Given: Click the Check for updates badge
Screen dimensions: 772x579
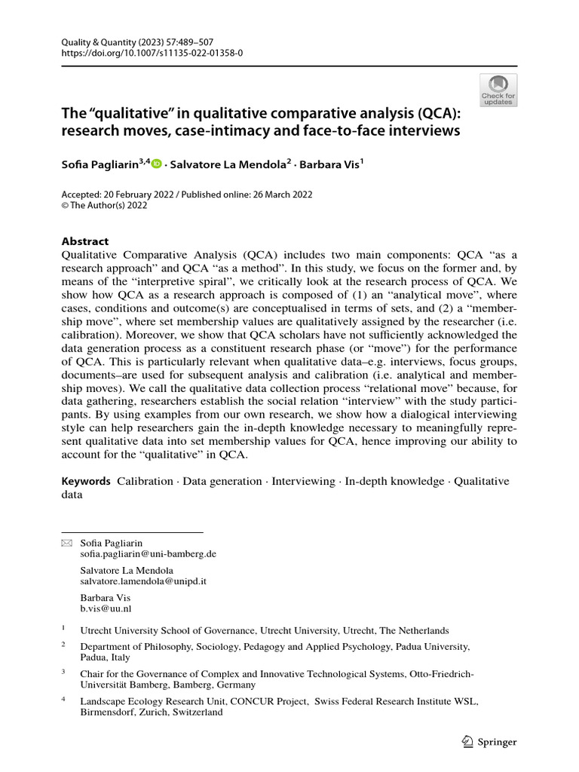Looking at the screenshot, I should (498, 90).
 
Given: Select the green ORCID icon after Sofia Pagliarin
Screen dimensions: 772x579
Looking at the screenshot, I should (157, 163).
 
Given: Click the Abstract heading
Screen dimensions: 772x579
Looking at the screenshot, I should (84, 241).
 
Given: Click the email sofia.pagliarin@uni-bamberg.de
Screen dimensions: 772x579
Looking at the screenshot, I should (149, 553).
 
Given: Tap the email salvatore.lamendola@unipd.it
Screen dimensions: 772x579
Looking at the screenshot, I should (143, 582).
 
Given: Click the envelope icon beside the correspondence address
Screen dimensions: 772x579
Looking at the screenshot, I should (66, 543).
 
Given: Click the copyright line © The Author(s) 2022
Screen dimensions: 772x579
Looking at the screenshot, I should (104, 205).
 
